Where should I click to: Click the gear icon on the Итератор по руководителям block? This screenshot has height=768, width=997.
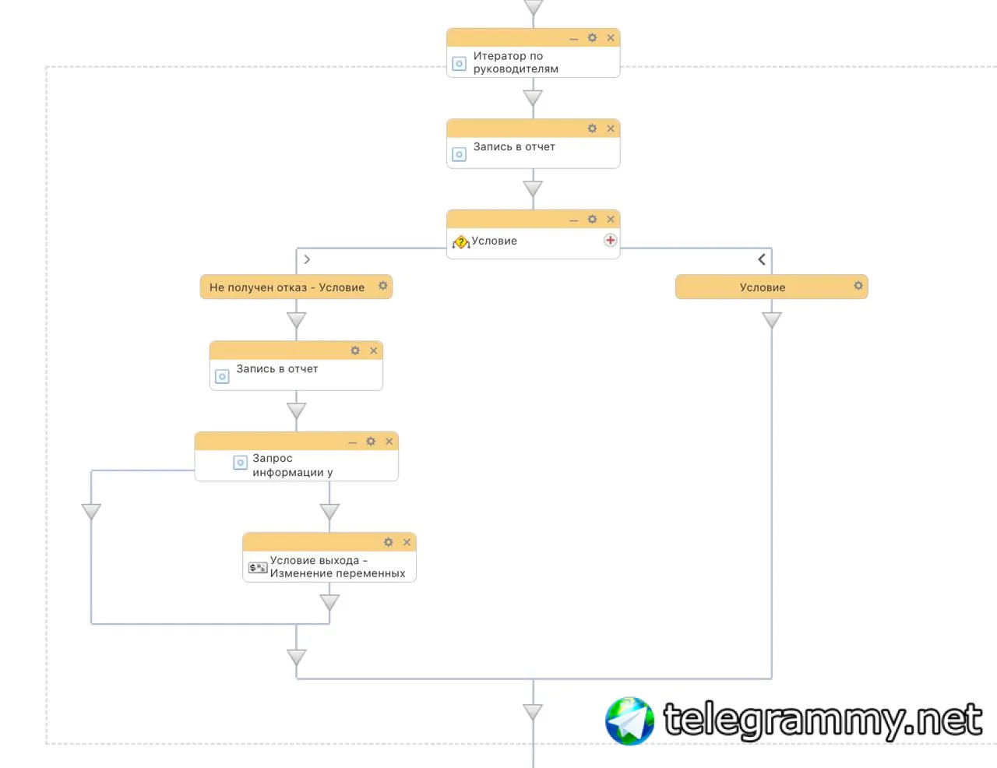point(592,37)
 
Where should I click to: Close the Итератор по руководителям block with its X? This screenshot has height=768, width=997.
point(610,37)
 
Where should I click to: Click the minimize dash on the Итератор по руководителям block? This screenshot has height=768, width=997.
point(573,40)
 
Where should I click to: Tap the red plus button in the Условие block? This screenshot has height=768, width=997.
point(610,240)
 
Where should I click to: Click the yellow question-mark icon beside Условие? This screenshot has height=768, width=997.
point(460,241)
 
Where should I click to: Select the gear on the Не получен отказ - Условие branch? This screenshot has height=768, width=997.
point(382,286)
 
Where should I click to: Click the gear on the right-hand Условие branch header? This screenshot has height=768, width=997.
point(858,286)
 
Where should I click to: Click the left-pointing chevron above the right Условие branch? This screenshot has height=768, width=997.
point(761,259)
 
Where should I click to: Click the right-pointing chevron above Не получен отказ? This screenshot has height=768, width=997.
point(307,259)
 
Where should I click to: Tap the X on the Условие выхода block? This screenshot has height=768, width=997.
point(407,542)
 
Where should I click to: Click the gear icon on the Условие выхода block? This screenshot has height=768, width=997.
point(388,542)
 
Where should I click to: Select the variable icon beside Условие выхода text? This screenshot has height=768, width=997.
point(257,568)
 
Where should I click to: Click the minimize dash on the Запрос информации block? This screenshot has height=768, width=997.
point(352,443)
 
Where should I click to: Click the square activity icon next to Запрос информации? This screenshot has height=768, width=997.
point(240,462)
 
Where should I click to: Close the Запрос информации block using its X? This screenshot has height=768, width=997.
point(389,442)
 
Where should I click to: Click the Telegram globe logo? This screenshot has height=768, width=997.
point(629,720)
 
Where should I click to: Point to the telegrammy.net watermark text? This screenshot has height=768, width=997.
point(823,720)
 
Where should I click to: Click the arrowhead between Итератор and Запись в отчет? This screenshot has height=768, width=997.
point(533,97)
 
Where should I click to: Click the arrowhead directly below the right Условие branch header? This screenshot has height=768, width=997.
point(771,320)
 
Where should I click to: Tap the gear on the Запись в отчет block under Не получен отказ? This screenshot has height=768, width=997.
point(355,351)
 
